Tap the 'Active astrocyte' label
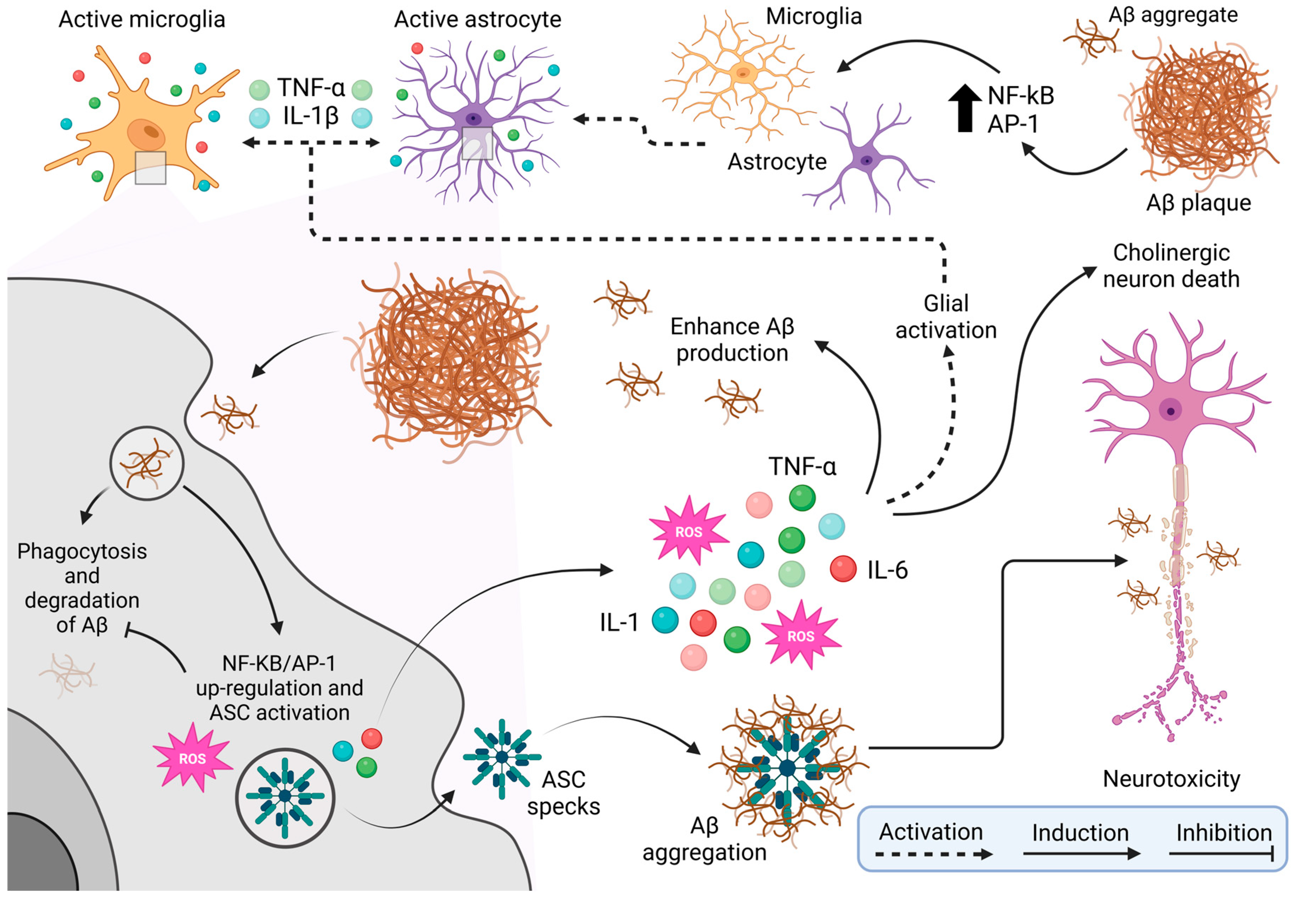click(478, 20)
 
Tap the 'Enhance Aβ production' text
click(732, 339)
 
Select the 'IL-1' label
click(619, 622)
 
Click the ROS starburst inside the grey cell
click(192, 758)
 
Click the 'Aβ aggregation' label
click(704, 839)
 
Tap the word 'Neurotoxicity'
click(1171, 779)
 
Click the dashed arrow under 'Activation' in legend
click(934, 854)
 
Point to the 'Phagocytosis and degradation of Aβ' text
click(82, 588)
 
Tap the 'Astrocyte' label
click(777, 162)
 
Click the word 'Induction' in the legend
click(1080, 833)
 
